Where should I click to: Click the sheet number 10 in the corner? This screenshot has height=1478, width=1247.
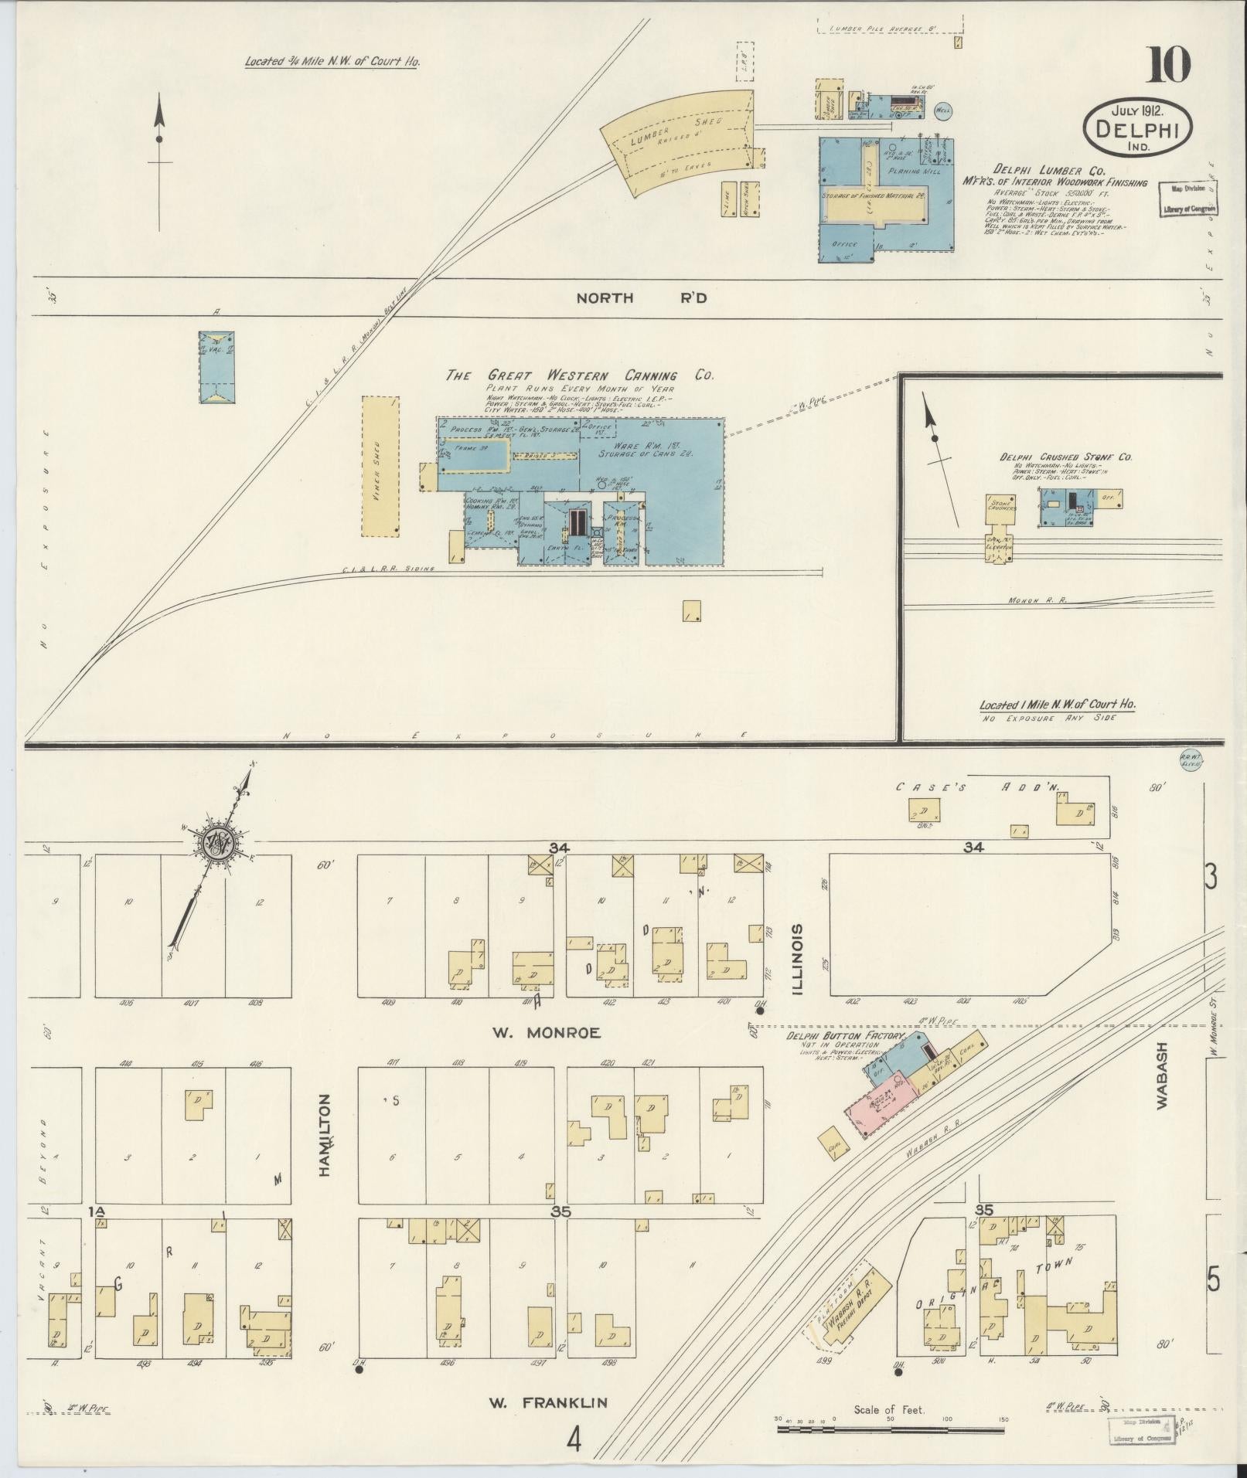[x=1167, y=66]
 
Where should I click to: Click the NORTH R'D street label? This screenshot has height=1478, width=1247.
[x=641, y=297]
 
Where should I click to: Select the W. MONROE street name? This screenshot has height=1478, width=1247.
[x=546, y=1032]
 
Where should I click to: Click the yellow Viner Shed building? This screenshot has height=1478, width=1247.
[x=380, y=466]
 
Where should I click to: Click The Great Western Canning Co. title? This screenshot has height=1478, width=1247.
[x=579, y=375]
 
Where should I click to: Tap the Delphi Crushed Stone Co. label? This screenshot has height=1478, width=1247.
[x=1066, y=457]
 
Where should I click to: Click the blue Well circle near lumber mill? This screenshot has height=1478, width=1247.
[x=943, y=111]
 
